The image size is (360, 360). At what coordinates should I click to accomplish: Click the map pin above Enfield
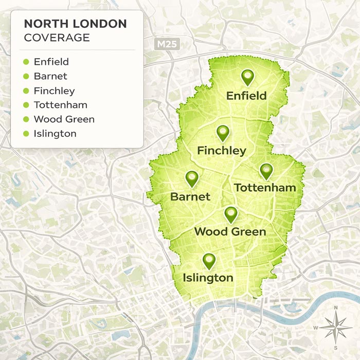tap(248, 77)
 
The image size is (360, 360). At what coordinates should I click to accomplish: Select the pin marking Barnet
tap(192, 178)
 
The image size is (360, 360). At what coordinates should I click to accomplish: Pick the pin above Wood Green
tap(230, 214)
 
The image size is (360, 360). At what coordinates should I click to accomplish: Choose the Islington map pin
tap(208, 260)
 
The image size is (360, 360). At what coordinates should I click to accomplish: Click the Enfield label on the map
tap(246, 96)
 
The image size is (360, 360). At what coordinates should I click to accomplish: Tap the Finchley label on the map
tap(222, 151)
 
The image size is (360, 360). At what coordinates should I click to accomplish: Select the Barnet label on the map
tap(190, 196)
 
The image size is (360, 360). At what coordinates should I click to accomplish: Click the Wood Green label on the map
tap(230, 232)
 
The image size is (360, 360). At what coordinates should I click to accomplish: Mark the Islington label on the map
tap(208, 278)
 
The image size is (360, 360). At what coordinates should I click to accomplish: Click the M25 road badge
tap(166, 44)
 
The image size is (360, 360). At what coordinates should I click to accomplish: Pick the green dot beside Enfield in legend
tap(26, 62)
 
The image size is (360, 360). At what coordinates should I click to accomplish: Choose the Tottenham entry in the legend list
tap(61, 105)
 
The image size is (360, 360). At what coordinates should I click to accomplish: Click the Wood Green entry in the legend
tap(64, 119)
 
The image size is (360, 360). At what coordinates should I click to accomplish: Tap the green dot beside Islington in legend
tap(26, 134)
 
